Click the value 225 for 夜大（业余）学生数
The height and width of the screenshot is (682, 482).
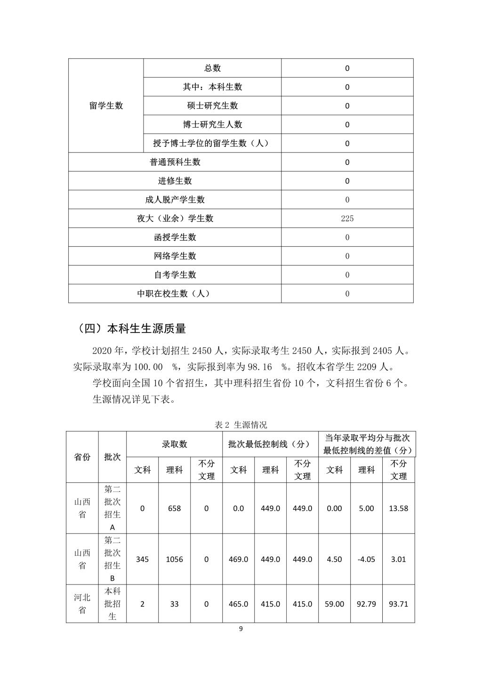pos(347,219)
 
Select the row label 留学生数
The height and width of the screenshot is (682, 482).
pos(106,106)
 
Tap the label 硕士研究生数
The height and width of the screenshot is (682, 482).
pos(212,106)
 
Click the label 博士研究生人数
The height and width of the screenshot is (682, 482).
pos(212,124)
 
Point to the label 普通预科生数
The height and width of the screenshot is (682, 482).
pos(175,162)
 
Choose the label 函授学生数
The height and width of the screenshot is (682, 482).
pos(175,237)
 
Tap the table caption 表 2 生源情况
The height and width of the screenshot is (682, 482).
pos(241,425)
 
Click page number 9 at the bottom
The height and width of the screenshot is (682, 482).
pos(241,629)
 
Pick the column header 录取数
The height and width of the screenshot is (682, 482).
pos(174,444)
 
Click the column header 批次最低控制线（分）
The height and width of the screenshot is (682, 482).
pos(270,444)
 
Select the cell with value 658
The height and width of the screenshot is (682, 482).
pos(174,509)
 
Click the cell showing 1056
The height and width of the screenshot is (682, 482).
pos(174,560)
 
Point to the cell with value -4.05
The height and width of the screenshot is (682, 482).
pos(366,560)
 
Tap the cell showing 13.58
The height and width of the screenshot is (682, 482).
pos(398,509)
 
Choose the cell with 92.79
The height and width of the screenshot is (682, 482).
pos(366,604)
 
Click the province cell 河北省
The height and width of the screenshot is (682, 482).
pos(82,604)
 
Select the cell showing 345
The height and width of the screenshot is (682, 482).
pos(142,560)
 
